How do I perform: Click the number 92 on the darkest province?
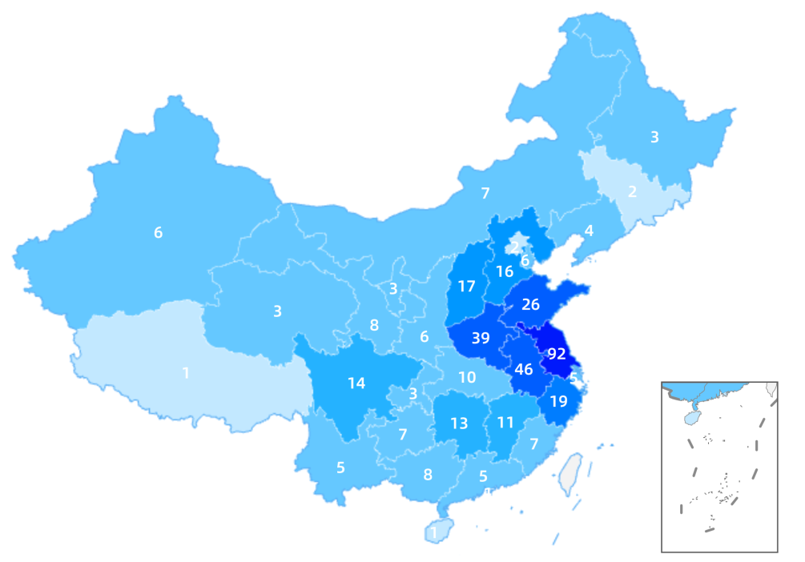tap(557, 354)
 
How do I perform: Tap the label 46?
tap(524, 369)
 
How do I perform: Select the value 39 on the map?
tap(481, 338)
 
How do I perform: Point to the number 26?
tap(530, 304)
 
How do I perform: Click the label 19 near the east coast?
tap(558, 401)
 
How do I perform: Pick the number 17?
tap(467, 286)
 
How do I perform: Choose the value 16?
tap(504, 271)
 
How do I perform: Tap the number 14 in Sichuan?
tap(356, 383)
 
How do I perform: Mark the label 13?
tap(459, 424)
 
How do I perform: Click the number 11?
tap(505, 422)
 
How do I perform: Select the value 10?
tap(467, 376)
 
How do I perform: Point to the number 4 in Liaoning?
tap(589, 231)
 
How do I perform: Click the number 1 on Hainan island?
tap(434, 532)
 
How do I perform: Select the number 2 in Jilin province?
tap(632, 191)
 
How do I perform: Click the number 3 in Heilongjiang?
tap(654, 137)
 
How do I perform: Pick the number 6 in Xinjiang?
tap(159, 232)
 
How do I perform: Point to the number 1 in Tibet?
tap(186, 372)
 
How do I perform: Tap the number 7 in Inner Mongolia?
tap(485, 192)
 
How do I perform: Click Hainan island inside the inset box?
tap(691, 418)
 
